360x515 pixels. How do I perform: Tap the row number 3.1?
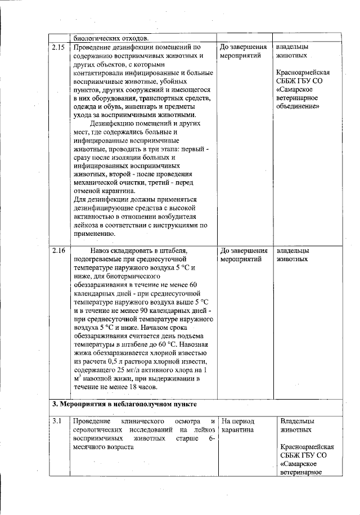tap(56, 421)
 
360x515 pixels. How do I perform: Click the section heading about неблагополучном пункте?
tap(124, 404)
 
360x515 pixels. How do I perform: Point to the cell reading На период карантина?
tap(238, 426)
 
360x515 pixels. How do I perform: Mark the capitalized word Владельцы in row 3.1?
tap(297, 421)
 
